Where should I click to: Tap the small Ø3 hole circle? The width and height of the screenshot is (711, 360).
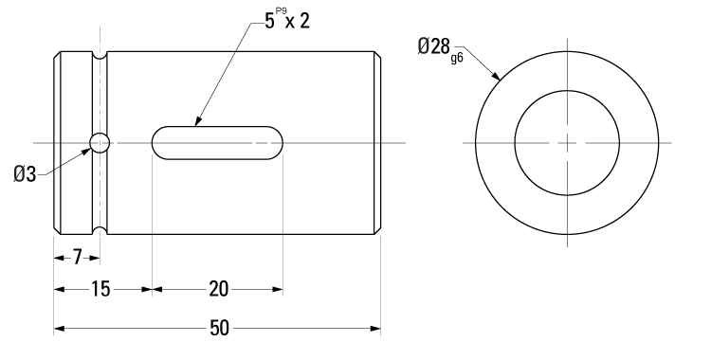[99, 143]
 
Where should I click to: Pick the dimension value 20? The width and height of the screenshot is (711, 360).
[217, 290]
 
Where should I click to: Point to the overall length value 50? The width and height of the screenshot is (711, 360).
[218, 329]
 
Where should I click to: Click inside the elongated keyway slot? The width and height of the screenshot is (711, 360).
[217, 143]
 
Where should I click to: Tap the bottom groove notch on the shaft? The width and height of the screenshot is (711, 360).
[99, 229]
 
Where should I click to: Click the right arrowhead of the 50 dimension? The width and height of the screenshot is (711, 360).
[376, 329]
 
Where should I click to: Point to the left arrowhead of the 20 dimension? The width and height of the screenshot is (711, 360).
[156, 290]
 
